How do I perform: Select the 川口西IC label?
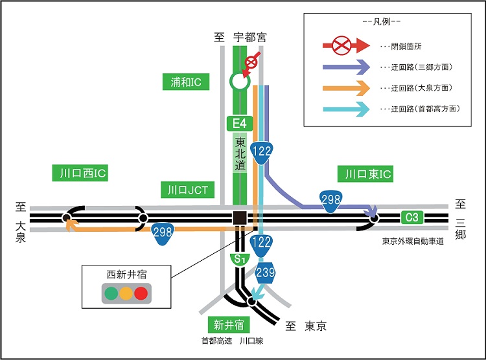(78, 173)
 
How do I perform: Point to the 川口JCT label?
(186, 190)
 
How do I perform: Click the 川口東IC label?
(365, 173)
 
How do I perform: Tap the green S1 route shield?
(239, 260)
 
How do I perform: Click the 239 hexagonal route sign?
(266, 272)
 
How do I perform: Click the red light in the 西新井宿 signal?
(141, 293)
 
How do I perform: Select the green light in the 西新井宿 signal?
(111, 293)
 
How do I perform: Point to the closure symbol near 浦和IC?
(249, 64)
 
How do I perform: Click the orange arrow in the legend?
(347, 87)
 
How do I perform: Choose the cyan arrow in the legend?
(347, 108)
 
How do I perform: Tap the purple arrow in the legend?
(347, 67)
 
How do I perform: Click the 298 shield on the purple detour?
(330, 199)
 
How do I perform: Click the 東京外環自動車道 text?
(413, 240)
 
